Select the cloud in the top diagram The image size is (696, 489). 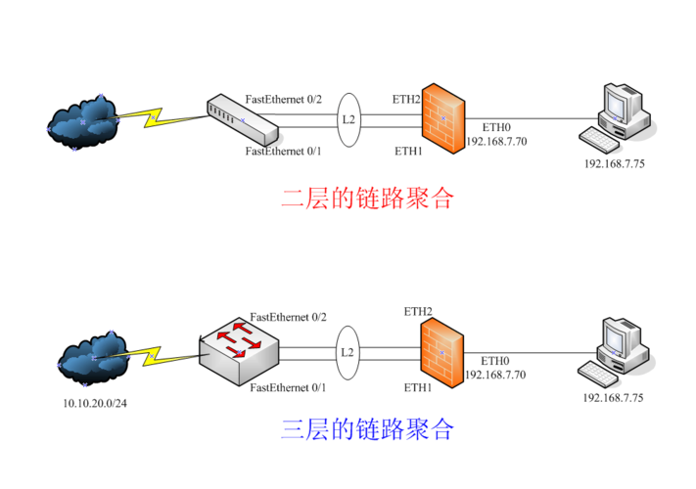[84, 122]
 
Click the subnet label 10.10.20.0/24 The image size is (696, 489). [93, 402]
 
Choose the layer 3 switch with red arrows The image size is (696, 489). [237, 344]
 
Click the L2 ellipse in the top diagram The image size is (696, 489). [348, 121]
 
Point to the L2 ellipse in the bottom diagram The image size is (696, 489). [348, 352]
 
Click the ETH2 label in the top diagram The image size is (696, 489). [407, 100]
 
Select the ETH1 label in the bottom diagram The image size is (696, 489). [418, 387]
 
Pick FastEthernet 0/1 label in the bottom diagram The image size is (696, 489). [289, 388]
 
